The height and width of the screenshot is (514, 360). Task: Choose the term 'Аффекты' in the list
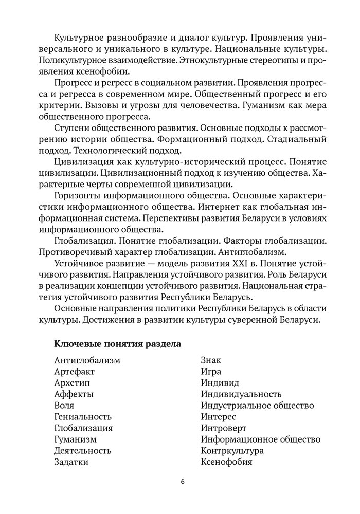coord(74,394)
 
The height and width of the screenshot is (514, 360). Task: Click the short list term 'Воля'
coord(64,405)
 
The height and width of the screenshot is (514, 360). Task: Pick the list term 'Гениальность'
coord(82,416)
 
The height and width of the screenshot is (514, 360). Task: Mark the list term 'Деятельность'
coord(82,450)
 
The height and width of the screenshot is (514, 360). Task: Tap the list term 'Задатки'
coord(71,462)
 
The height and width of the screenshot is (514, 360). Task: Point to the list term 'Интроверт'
coord(224,428)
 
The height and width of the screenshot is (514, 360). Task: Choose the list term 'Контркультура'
coord(232,450)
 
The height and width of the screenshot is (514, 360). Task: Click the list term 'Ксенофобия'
coord(227,462)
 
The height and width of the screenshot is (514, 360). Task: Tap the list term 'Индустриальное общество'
coord(258,405)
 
